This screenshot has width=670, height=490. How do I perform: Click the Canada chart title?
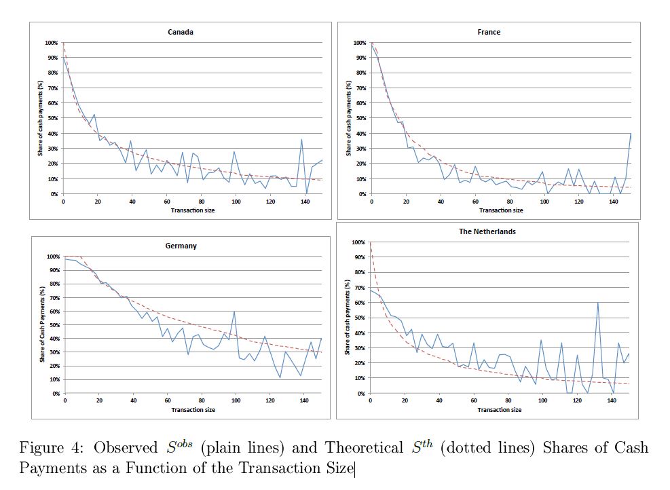[180, 32]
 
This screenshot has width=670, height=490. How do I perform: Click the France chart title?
[489, 32]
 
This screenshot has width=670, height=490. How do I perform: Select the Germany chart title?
[181, 246]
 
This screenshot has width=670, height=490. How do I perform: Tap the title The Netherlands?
[487, 231]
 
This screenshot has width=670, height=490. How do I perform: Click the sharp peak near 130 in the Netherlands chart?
[597, 303]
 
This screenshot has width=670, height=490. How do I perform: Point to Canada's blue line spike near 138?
[301, 140]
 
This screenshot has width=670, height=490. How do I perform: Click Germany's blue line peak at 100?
[234, 312]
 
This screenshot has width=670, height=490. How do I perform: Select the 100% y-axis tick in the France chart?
[360, 43]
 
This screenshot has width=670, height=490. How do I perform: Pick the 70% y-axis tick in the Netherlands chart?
[359, 287]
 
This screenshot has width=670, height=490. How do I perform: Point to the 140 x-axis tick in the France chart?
[613, 202]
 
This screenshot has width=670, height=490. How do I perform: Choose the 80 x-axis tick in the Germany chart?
[202, 401]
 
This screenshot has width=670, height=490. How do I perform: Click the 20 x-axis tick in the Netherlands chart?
[405, 401]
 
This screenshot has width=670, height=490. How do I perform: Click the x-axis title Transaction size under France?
[500, 210]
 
